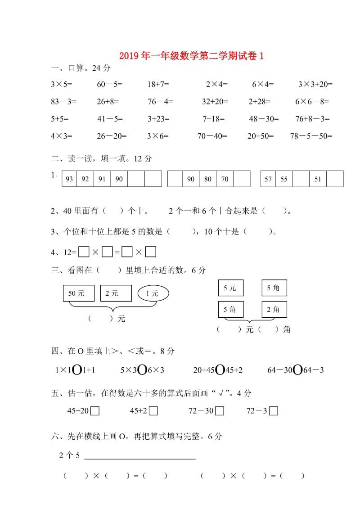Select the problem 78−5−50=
click(x=311, y=135)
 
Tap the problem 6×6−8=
click(x=312, y=102)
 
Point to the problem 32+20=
click(x=215, y=102)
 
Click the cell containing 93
click(x=69, y=179)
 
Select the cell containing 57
click(x=268, y=179)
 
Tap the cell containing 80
click(x=208, y=179)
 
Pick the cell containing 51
click(x=318, y=179)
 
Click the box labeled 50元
click(x=79, y=293)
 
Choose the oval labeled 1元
click(x=153, y=293)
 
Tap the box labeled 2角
click(x=274, y=309)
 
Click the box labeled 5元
click(x=230, y=288)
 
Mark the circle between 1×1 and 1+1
click(x=77, y=370)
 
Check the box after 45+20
click(x=95, y=411)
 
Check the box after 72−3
click(x=274, y=411)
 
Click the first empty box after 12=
click(x=84, y=252)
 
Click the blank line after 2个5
click(x=139, y=457)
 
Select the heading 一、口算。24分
click(x=81, y=68)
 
